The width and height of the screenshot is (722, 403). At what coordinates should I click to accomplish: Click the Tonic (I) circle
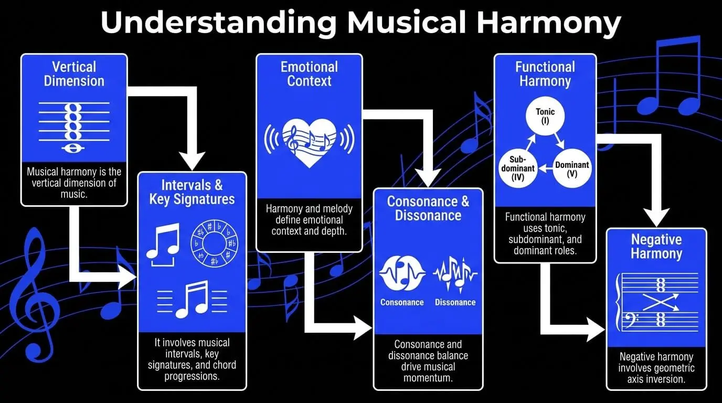click(x=545, y=116)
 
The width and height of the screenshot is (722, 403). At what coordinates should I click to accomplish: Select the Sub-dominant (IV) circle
click(x=518, y=168)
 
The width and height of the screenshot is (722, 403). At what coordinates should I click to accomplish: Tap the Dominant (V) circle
click(x=572, y=168)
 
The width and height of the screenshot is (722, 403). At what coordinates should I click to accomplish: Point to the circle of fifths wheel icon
click(x=214, y=243)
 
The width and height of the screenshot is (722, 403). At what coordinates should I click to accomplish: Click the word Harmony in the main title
click(x=549, y=23)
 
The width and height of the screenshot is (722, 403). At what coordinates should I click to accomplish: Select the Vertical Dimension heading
click(x=74, y=74)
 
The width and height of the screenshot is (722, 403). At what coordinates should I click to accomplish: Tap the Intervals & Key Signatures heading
click(x=192, y=192)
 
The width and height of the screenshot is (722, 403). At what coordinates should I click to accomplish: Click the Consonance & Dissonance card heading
click(x=428, y=208)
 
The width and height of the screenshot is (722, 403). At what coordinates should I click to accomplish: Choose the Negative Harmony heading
click(x=656, y=246)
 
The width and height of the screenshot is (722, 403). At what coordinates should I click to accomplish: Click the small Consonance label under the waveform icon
click(x=402, y=302)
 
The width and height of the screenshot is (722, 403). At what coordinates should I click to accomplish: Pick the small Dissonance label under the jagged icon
click(x=455, y=302)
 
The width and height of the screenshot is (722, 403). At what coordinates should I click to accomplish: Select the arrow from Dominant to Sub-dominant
click(x=545, y=168)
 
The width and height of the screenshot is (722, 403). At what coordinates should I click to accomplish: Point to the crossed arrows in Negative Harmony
click(x=661, y=302)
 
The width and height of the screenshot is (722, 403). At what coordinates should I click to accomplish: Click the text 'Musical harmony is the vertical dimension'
click(x=74, y=177)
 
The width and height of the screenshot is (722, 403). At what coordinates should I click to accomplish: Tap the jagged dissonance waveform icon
click(x=455, y=274)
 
